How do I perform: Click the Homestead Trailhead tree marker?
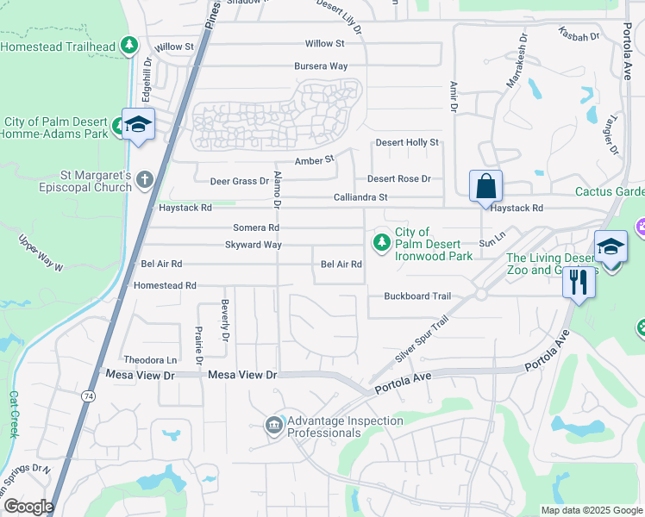[129, 45]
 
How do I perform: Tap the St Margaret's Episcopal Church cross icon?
[145, 179]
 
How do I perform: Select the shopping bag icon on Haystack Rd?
[485, 186]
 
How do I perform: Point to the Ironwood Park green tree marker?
[380, 244]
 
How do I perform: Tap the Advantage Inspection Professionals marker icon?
[274, 426]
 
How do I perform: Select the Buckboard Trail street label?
[417, 296]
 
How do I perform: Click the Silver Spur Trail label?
[422, 337]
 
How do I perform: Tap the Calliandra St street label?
[360, 198]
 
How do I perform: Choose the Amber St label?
[314, 160]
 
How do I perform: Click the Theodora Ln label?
[150, 359]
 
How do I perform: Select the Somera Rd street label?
[256, 227]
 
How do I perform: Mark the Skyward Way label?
[254, 245]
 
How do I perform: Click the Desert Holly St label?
[407, 142]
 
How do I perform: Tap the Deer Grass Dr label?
[240, 181]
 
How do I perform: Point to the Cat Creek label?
[14, 414]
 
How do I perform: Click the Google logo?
[28, 507]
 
